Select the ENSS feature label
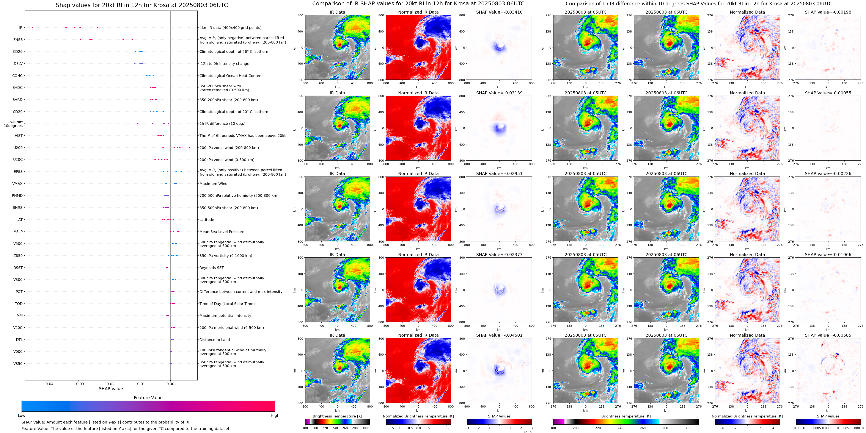coord(18,40)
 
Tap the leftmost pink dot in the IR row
coord(33,27)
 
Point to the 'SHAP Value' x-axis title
coord(111,389)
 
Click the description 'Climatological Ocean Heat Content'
coord(231,76)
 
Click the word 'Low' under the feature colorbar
coord(22,416)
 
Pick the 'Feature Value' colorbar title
coord(148,398)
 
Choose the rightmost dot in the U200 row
coord(190,147)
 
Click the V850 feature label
coord(18,363)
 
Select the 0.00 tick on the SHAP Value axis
coord(170,384)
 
